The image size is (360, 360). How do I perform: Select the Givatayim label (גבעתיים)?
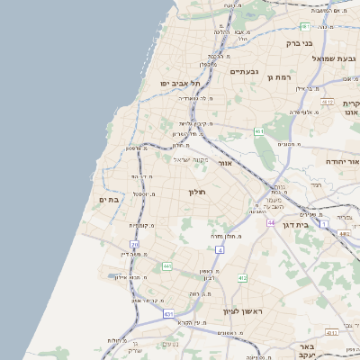tap(245, 71)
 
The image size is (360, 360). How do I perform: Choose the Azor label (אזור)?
tap(226, 164)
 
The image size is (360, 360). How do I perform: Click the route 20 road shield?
tap(135, 244)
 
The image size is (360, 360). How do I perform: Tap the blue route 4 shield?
tap(220, 248)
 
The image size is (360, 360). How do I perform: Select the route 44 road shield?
tap(269, 221)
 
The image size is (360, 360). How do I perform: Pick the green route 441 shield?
tap(167, 266)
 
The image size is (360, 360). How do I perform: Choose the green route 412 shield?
tap(242, 278)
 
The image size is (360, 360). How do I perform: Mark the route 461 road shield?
tap(259, 131)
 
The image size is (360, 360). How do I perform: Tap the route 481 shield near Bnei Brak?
tap(304, 26)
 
